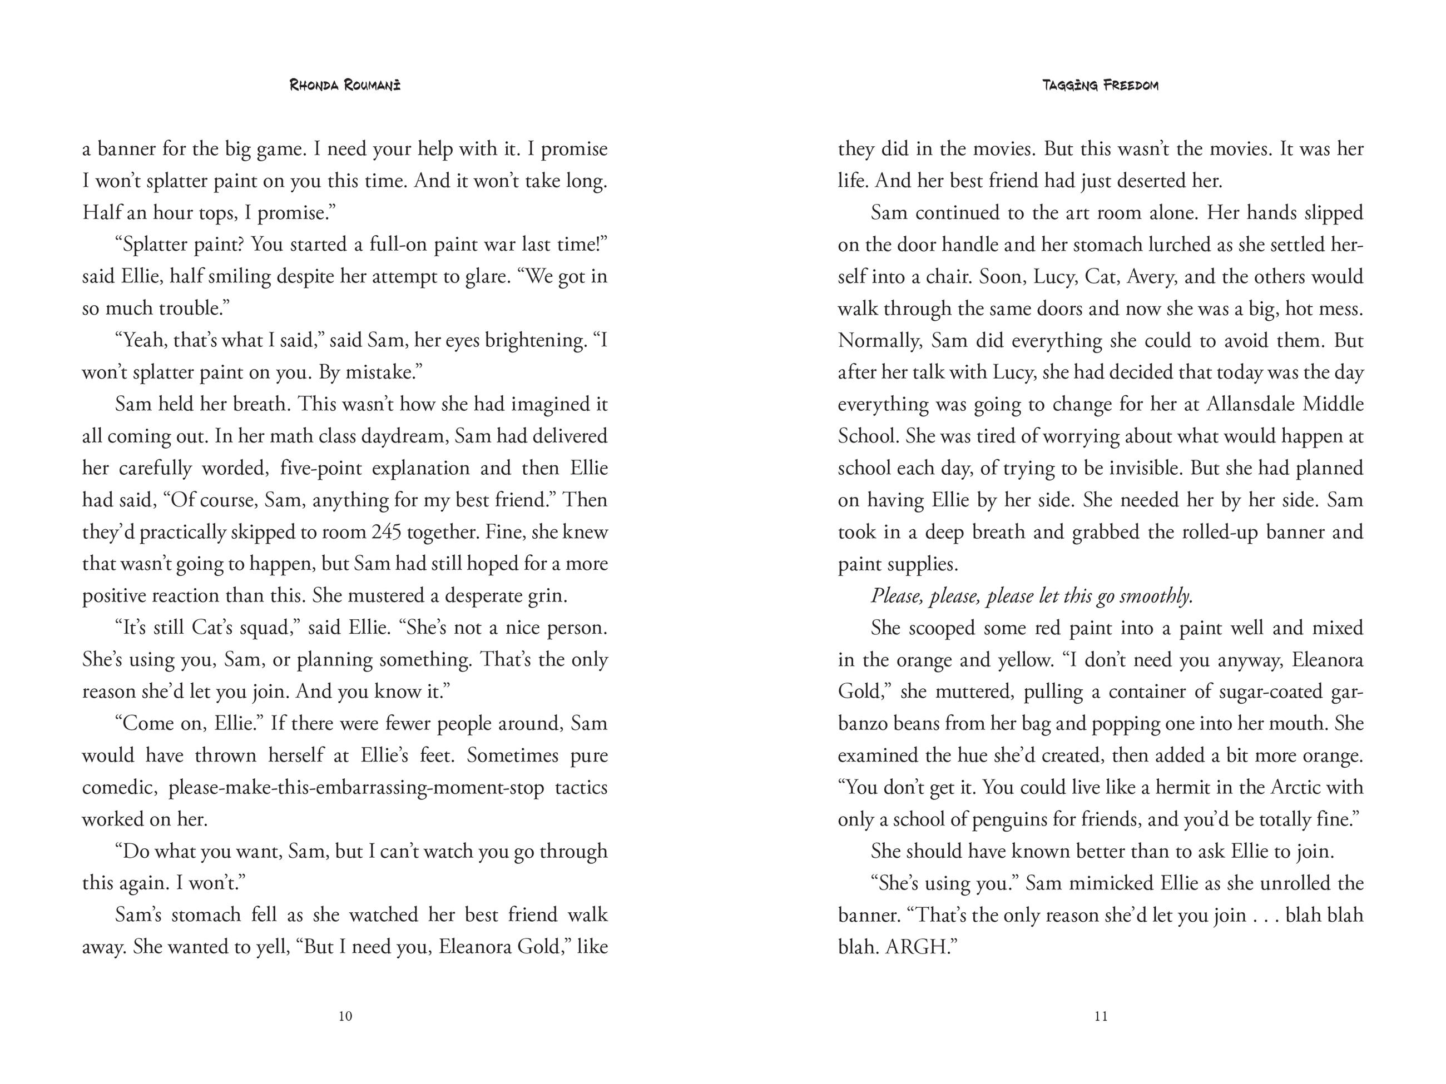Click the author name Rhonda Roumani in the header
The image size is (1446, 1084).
(345, 85)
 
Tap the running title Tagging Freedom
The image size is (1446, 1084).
(1100, 85)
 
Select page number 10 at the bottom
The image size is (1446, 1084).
(346, 1016)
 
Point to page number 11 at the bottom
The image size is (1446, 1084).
(1101, 1016)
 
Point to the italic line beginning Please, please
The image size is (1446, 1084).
(1032, 596)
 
